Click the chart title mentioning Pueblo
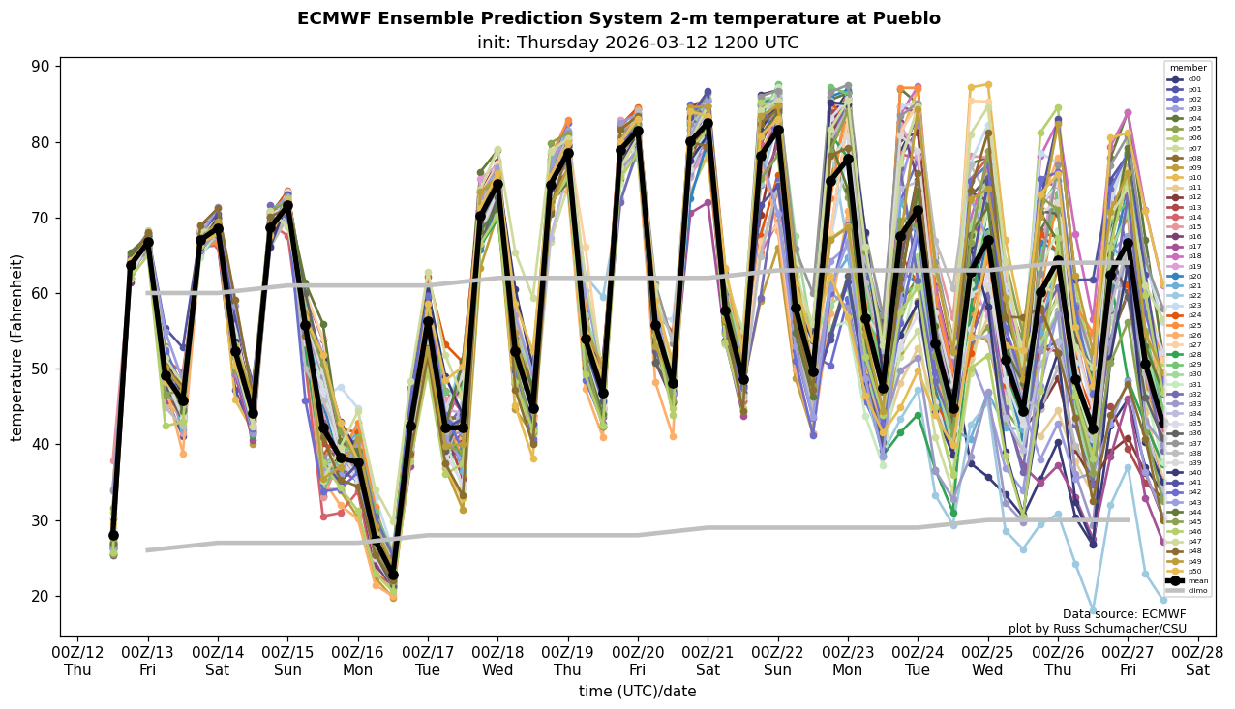click(x=618, y=19)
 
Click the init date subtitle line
click(x=638, y=44)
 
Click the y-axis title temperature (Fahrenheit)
click(x=17, y=347)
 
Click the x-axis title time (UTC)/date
click(x=637, y=692)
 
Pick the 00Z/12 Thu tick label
click(x=77, y=661)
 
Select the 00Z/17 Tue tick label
click(x=428, y=661)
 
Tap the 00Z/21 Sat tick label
click(x=708, y=661)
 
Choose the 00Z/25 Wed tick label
click(x=988, y=661)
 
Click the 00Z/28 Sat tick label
click(x=1198, y=661)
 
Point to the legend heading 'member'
click(x=1189, y=69)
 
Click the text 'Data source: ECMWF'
click(x=1124, y=614)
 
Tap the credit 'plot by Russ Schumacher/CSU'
click(x=1097, y=629)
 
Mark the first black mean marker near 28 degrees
click(x=113, y=535)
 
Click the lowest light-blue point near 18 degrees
click(x=1093, y=611)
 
